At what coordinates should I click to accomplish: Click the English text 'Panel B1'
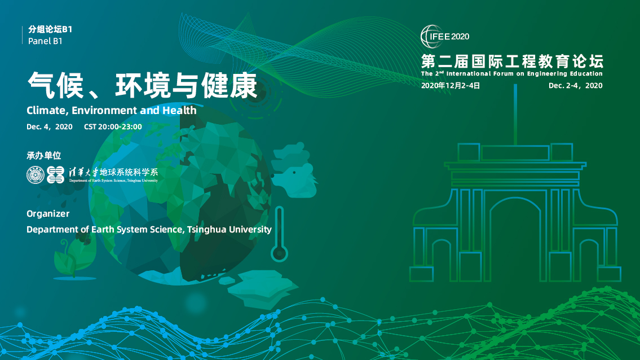(45, 41)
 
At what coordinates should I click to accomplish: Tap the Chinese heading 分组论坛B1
(50, 29)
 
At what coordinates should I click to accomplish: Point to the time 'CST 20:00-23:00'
(113, 126)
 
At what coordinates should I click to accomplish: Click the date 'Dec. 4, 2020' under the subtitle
(50, 126)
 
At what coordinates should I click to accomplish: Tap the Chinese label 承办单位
(43, 155)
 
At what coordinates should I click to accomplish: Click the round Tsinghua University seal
(36, 175)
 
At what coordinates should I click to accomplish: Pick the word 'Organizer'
(48, 214)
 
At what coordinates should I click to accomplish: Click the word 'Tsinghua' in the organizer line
(206, 229)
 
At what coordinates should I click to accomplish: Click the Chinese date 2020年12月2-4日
(450, 86)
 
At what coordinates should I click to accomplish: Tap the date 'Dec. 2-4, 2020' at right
(575, 86)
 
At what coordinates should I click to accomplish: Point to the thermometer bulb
(279, 253)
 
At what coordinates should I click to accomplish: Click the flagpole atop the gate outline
(515, 115)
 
